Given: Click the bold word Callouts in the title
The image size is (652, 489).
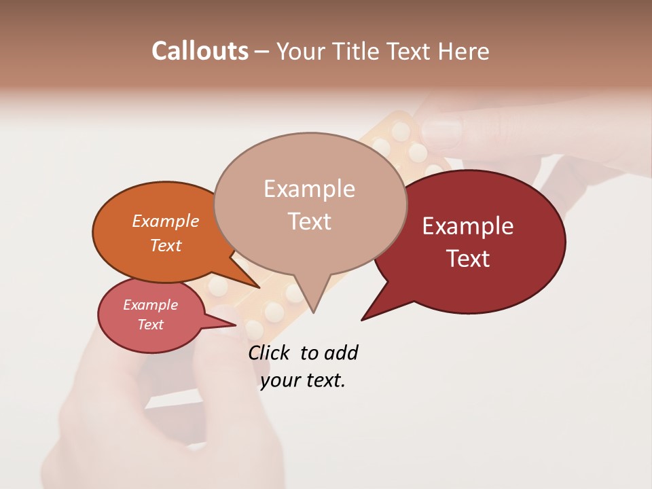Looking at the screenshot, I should coord(200,51).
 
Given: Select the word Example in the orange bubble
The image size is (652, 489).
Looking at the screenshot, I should coord(166,221).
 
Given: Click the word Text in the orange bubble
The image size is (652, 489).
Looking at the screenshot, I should coord(166,245).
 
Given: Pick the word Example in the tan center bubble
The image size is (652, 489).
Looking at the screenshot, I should coord(309,188).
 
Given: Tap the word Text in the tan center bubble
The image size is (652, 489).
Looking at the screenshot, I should coord(310,221).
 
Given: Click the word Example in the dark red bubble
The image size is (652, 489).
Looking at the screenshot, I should coord(468,225).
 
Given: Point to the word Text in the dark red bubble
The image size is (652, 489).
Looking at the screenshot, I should coord(469,258).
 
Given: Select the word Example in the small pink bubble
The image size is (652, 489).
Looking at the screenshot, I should coord(151,305).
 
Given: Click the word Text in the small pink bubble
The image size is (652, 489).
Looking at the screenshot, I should coord(151,325).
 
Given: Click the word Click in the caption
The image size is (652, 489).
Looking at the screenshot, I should coord(269,352).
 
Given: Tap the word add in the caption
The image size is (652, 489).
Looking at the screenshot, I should coord(341,352).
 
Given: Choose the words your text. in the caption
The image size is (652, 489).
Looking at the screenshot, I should coord(303,380).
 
